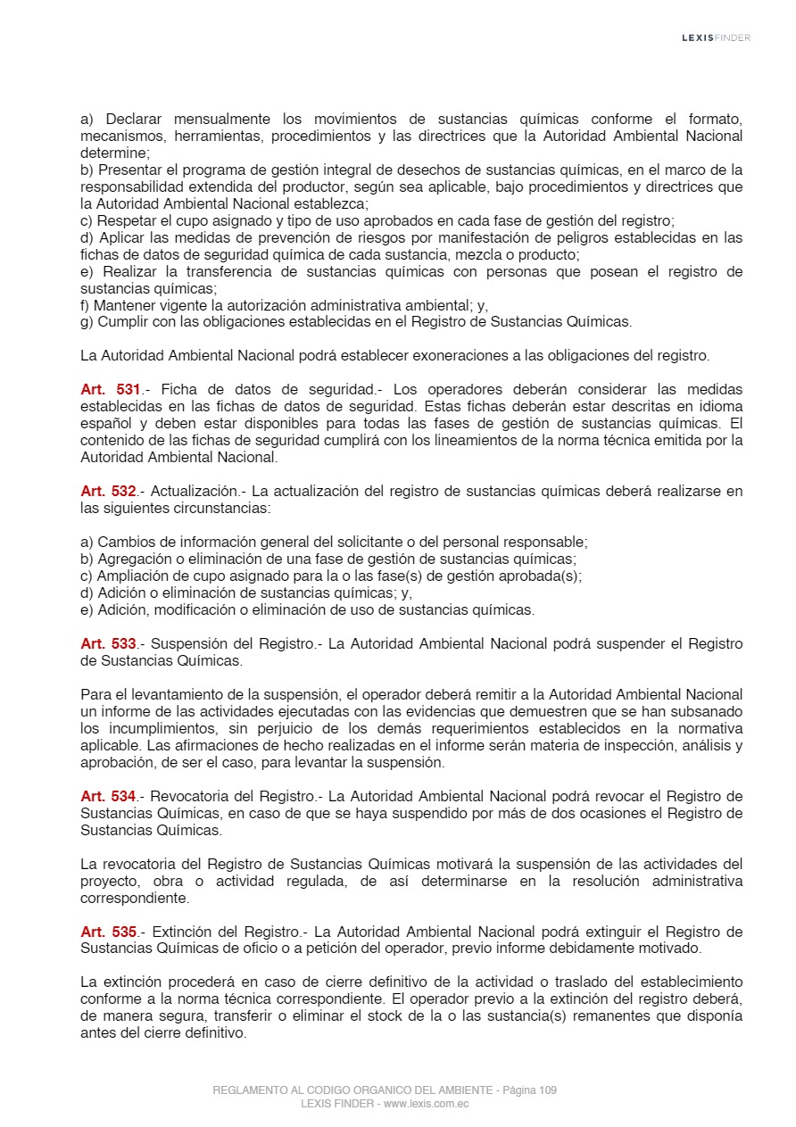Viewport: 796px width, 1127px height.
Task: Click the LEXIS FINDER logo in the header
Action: [716, 37]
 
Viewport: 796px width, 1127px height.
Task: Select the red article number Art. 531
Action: [111, 390]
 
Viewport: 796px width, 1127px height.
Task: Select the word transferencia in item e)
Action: [233, 272]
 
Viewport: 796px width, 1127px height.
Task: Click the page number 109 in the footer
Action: [548, 1090]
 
